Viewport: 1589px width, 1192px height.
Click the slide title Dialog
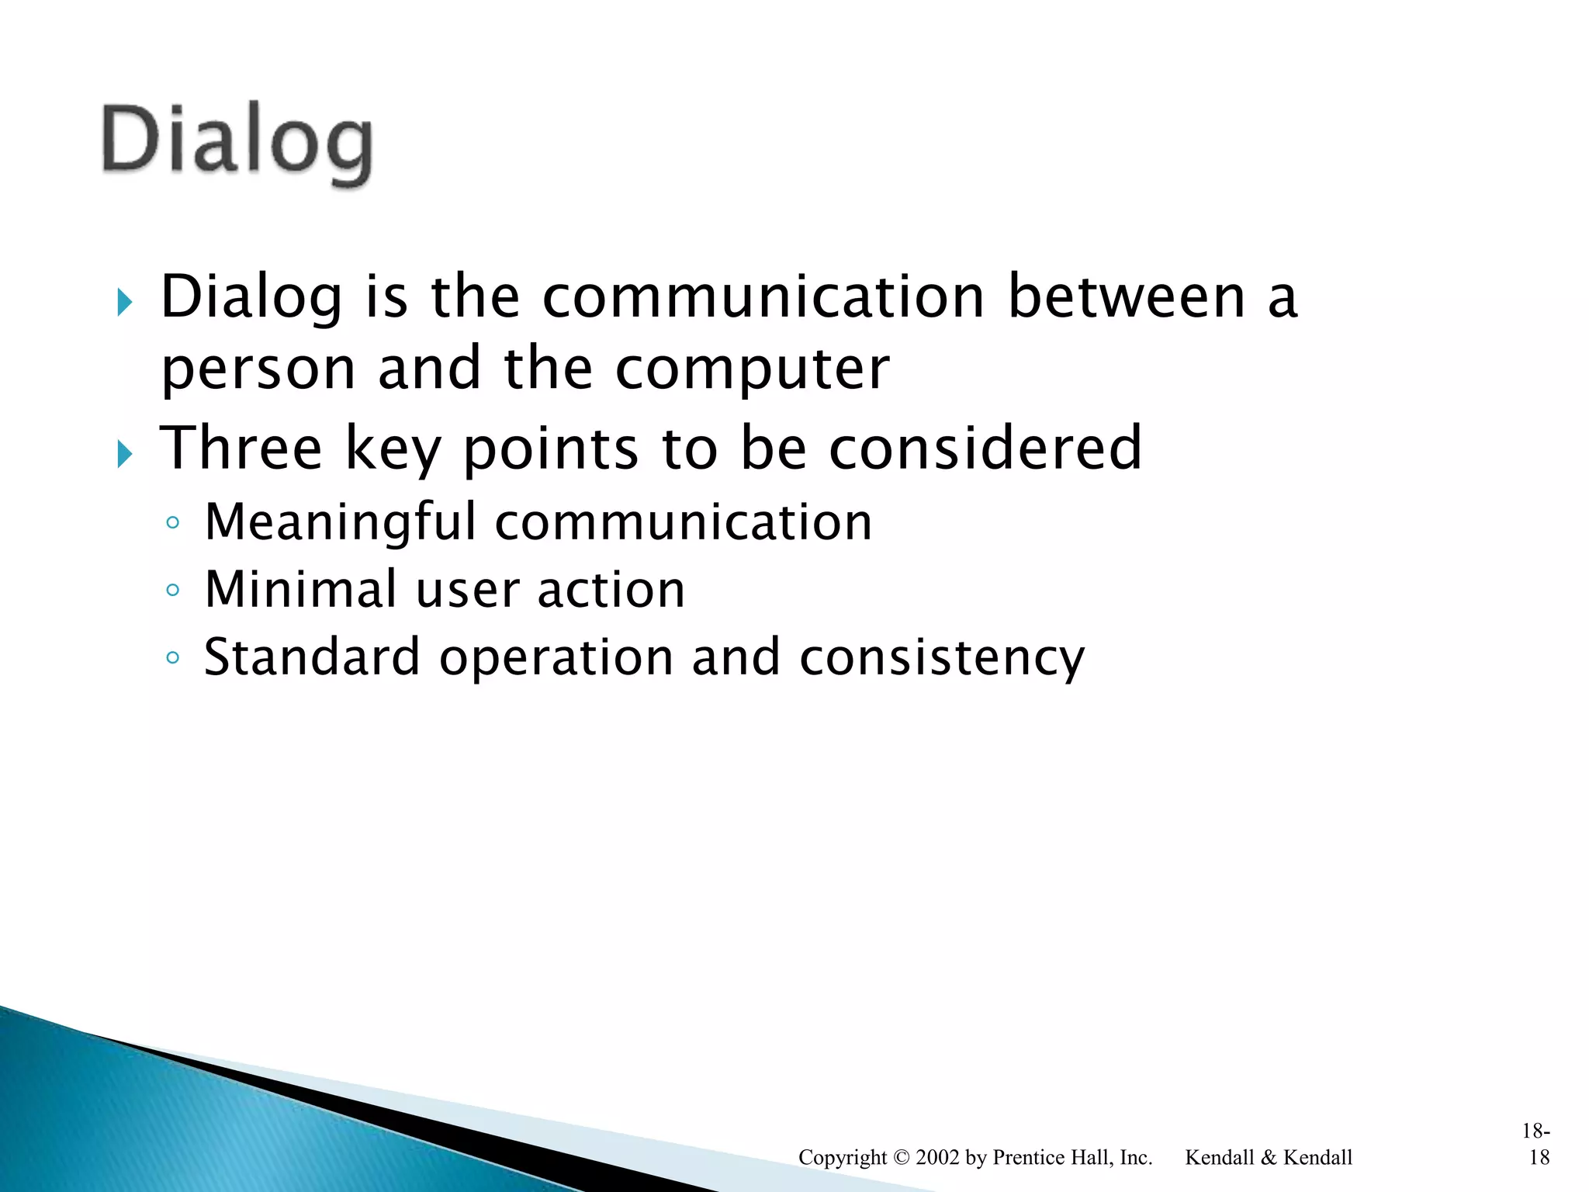point(237,141)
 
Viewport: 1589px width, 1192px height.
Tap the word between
point(1126,297)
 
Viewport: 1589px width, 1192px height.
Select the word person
point(258,369)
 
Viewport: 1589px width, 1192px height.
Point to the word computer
point(752,369)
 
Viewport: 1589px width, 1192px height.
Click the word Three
point(241,448)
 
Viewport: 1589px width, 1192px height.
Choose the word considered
point(985,448)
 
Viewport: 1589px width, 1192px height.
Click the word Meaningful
point(340,522)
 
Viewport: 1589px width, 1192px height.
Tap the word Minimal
point(301,589)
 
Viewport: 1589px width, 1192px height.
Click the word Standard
point(312,657)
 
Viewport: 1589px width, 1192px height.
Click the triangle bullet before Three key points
point(125,452)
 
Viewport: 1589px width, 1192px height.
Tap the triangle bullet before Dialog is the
point(125,301)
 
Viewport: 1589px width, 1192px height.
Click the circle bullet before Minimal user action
point(172,591)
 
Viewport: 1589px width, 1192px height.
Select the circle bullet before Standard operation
point(172,658)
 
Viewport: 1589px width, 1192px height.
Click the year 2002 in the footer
point(937,1157)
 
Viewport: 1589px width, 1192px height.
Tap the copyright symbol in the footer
point(901,1157)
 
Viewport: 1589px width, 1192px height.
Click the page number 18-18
point(1536,1145)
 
